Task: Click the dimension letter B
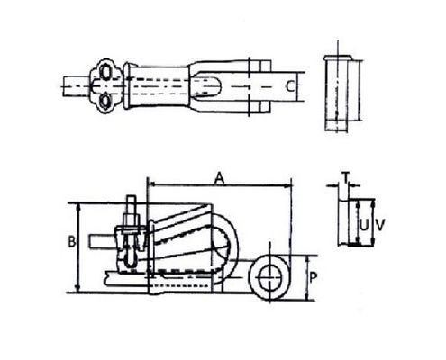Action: point(70,241)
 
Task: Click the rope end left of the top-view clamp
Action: point(74,88)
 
